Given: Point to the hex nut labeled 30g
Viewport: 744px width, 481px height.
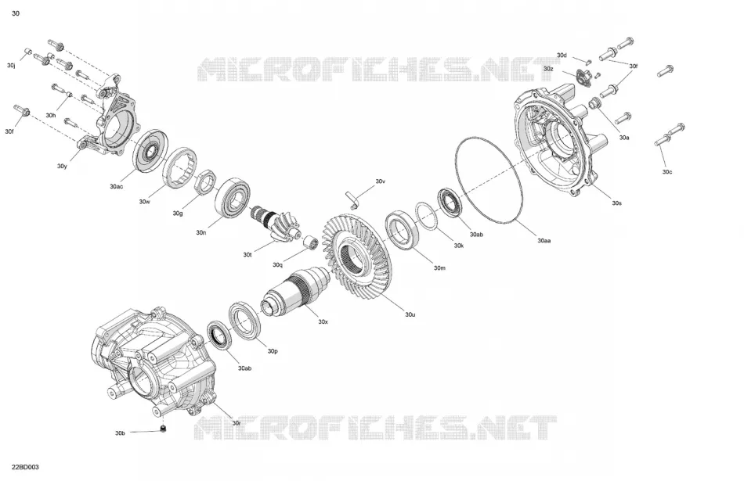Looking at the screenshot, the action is [207, 181].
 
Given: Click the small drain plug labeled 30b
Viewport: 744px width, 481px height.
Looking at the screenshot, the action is [164, 429].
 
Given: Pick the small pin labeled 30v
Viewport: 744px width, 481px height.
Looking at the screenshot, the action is [352, 199].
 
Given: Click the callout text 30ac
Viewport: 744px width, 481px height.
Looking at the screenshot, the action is [116, 187].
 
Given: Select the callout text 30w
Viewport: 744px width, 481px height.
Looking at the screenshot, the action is [144, 202].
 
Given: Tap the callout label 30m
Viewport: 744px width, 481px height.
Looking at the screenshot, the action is [439, 268].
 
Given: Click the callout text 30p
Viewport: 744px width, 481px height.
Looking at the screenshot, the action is [273, 351].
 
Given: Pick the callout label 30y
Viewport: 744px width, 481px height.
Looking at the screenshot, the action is [62, 167].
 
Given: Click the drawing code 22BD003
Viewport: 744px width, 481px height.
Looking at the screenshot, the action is [26, 467].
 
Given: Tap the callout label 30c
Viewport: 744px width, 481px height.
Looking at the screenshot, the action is [667, 172].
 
